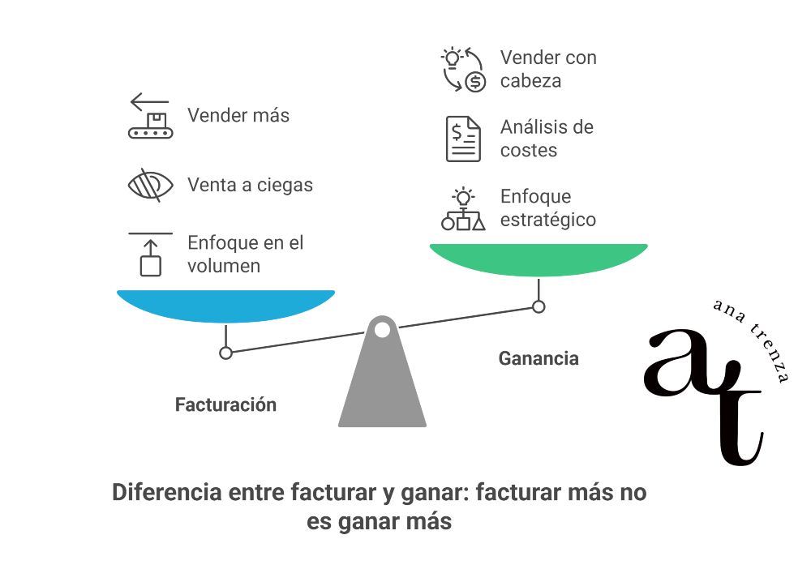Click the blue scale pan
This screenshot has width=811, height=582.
pos(225,305)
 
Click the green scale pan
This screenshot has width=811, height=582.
pos(538,259)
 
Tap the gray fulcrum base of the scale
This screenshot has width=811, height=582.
pos(382,381)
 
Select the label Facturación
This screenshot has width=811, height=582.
pos(225,404)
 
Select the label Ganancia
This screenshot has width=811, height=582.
pos(539,357)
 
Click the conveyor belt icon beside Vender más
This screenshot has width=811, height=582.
pos(151,116)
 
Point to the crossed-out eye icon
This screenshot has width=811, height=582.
pos(151,185)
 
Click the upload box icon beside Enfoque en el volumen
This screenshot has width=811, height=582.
pos(151,254)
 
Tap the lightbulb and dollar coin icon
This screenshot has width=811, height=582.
pos(463,69)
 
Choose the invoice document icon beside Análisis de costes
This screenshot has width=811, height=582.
pos(463,139)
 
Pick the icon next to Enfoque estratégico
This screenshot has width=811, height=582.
pos(463,209)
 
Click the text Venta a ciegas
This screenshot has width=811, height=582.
pos(250,185)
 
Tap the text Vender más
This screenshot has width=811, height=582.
pos(238,115)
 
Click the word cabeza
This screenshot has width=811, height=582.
pos(530,80)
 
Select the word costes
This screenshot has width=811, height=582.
pos(528,150)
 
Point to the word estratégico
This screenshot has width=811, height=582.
pos(547,219)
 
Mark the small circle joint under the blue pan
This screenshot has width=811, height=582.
pos(226,353)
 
